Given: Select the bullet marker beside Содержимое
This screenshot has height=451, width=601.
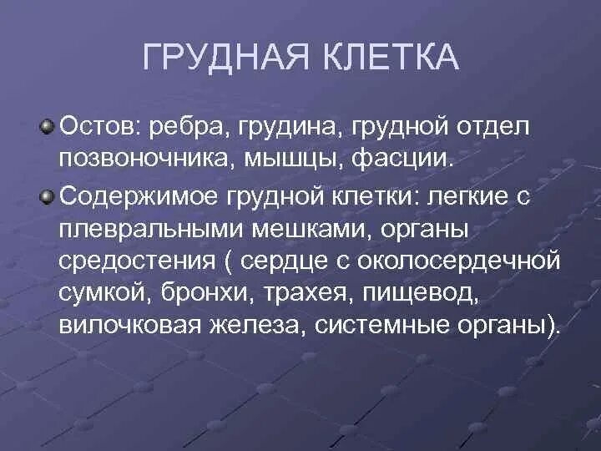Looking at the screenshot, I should (47, 198).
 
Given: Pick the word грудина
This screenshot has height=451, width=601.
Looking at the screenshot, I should (288, 128).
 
